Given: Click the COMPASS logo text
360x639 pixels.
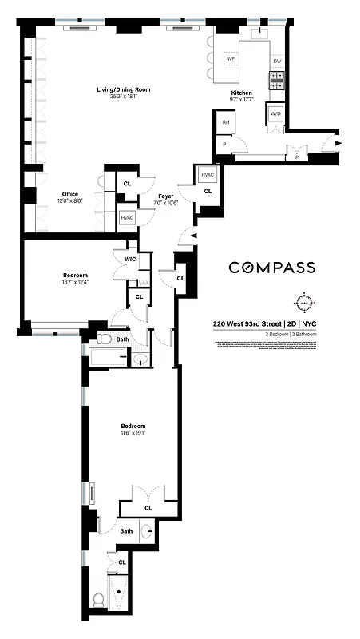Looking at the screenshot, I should coord(271,268).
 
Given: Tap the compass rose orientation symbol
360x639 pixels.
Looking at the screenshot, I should coord(304,303).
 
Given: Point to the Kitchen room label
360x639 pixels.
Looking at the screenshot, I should coord(242,93).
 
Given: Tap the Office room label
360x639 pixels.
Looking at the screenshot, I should coord(70,194).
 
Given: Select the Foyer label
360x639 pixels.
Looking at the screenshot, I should coord(166,194).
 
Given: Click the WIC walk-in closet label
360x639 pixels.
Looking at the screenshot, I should coord(129,258).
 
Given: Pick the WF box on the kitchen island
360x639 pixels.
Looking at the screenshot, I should coord(231,59).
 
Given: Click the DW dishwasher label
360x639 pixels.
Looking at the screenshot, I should coord(277,61).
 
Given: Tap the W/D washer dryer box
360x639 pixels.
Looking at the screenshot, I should coord(275,113).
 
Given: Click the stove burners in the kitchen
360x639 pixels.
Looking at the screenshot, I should coord(277,79).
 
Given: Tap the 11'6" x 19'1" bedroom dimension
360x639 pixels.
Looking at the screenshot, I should coord(133,433).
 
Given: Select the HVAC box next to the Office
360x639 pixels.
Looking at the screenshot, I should coord(127,217).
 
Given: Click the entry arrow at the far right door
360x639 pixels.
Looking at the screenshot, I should coord(339,144).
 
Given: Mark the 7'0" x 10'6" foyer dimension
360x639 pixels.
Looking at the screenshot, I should coord(166,201).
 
